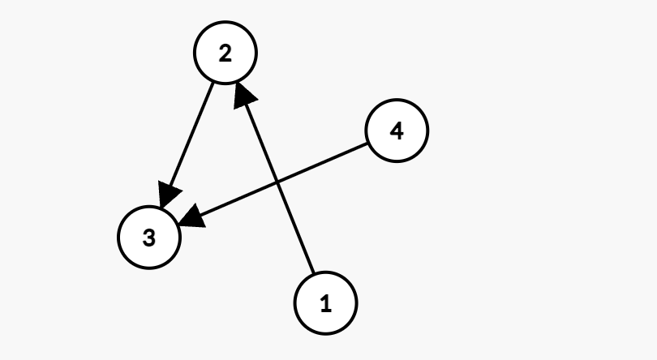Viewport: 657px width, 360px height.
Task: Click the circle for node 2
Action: tap(225, 54)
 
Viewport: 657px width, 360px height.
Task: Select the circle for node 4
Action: tap(397, 130)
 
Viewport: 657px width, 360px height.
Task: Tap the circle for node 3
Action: tap(148, 238)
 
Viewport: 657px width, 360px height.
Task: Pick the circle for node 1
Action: tap(325, 304)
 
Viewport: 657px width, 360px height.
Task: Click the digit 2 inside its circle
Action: tap(225, 54)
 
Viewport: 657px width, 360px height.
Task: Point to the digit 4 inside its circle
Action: tap(397, 130)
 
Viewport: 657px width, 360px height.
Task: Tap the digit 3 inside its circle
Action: tap(148, 238)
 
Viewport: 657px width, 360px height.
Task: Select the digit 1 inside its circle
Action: tap(325, 304)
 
